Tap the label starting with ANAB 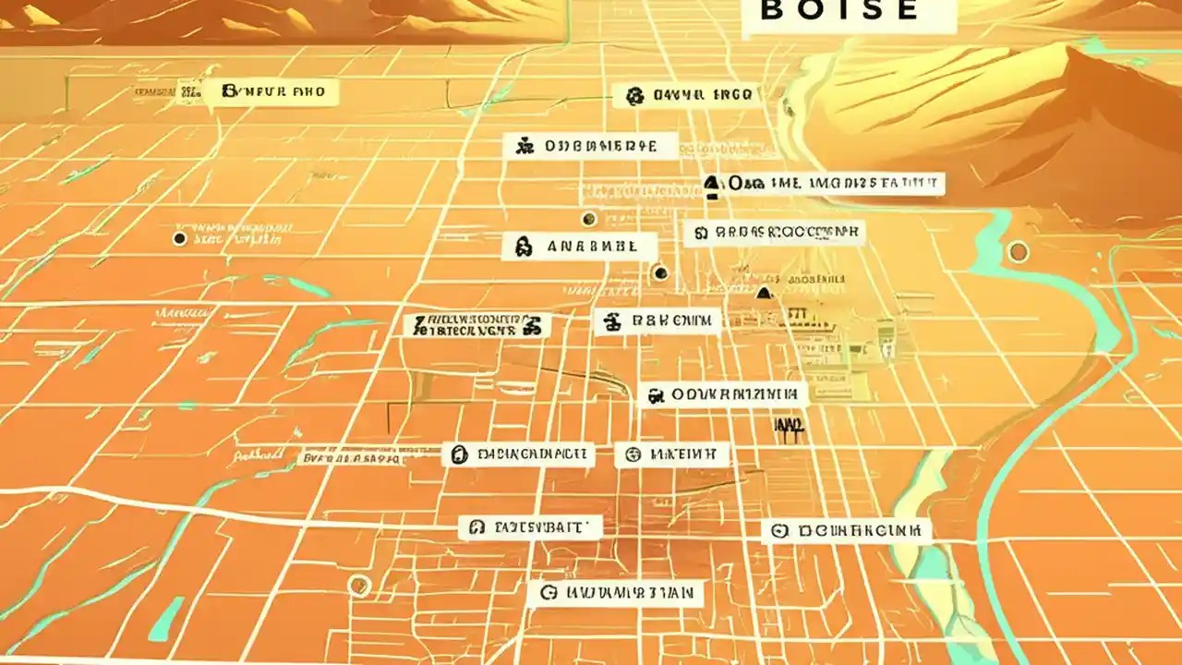pyautogui.click(x=579, y=247)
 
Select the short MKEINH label pyautogui.click(x=672, y=454)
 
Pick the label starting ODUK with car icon pyautogui.click(x=723, y=395)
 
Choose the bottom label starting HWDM pyautogui.click(x=615, y=593)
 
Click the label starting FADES pyautogui.click(x=530, y=527)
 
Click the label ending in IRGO pyautogui.click(x=686, y=94)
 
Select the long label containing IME pyautogui.click(x=825, y=183)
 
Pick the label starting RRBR pyautogui.click(x=774, y=233)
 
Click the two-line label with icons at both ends pyautogui.click(x=477, y=325)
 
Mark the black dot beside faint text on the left pyautogui.click(x=179, y=239)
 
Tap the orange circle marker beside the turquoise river pyautogui.click(x=1018, y=251)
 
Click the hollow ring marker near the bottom pyautogui.click(x=359, y=584)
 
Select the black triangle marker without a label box pyautogui.click(x=763, y=294)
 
